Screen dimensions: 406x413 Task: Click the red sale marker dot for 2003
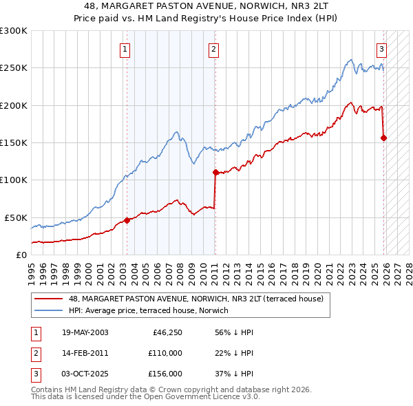click(x=127, y=220)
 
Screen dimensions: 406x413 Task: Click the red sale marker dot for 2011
click(x=215, y=172)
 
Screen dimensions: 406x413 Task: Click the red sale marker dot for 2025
click(x=383, y=138)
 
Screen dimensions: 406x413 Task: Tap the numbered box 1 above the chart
click(x=125, y=49)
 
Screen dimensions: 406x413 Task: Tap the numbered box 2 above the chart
click(x=214, y=49)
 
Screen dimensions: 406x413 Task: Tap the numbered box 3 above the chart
click(x=381, y=49)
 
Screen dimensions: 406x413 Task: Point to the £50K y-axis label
click(x=16, y=217)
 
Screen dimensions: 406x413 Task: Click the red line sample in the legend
click(x=50, y=299)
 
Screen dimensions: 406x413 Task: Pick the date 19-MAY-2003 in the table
click(x=85, y=332)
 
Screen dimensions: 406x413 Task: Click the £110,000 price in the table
click(x=165, y=353)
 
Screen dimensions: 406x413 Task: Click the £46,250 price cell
click(x=167, y=332)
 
